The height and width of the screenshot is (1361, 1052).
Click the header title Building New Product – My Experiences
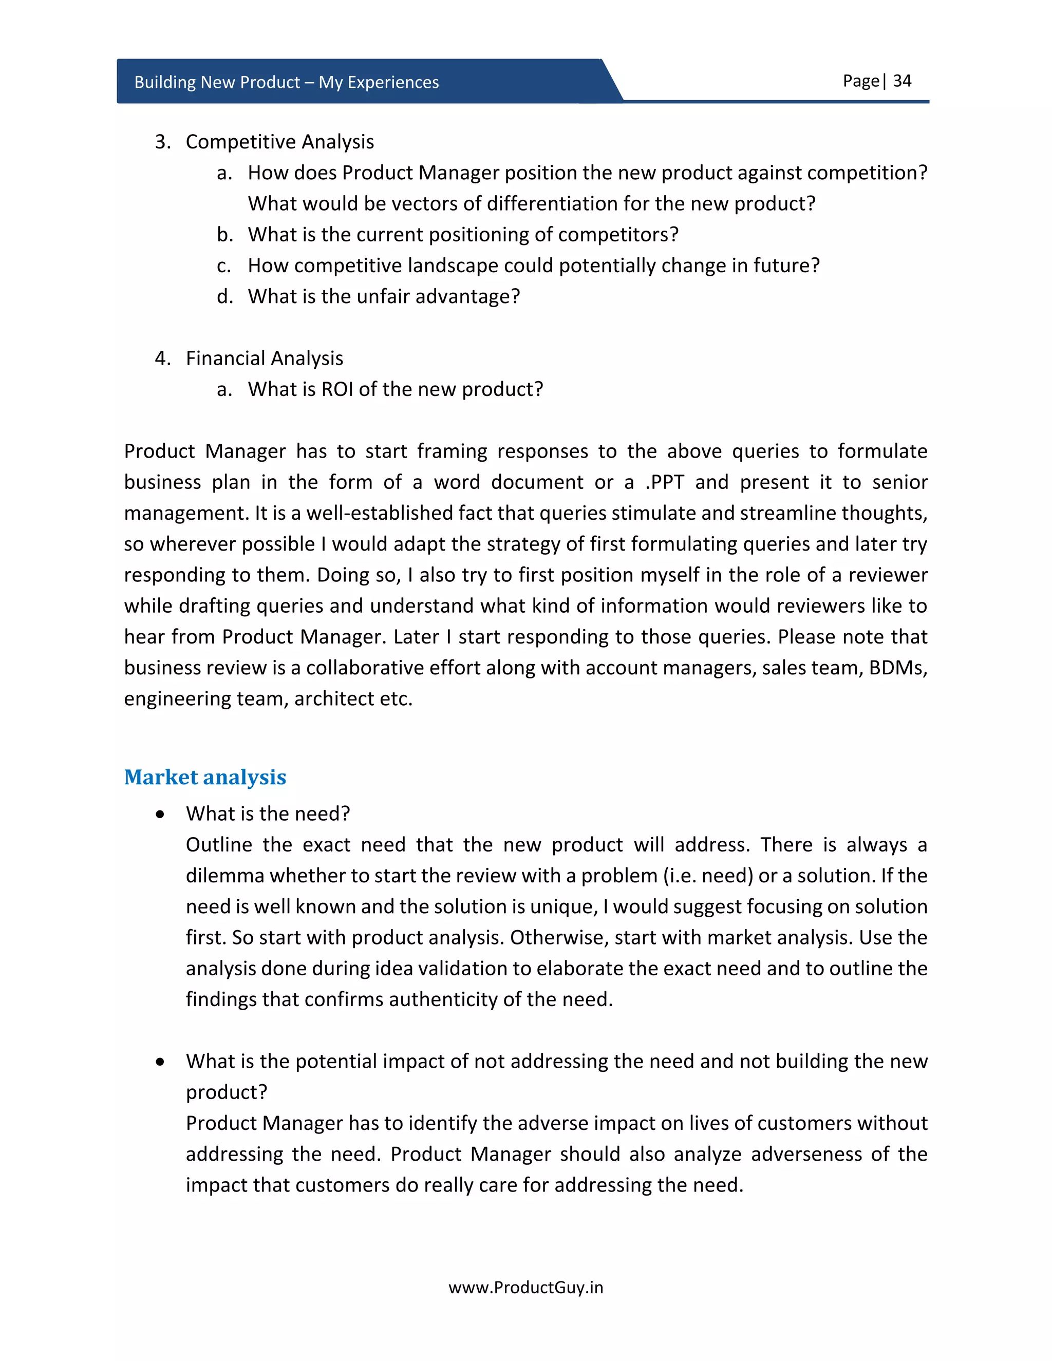[x=286, y=82]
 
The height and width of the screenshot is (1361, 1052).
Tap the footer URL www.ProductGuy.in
[x=525, y=1288]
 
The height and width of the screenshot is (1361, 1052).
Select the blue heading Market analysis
[x=204, y=777]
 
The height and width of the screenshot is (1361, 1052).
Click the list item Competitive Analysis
[x=279, y=142]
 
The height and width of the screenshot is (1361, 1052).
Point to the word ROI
[x=336, y=389]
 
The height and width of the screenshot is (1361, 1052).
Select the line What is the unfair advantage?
[x=383, y=297]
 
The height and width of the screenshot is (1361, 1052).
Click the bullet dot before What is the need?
[x=161, y=815]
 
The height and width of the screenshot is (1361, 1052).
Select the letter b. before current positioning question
[x=224, y=235]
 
